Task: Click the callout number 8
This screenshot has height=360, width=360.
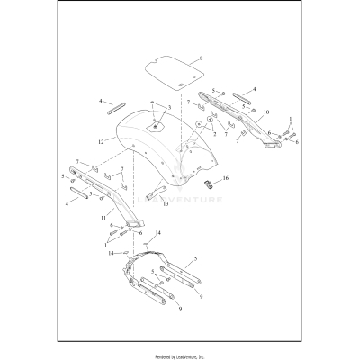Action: point(202,58)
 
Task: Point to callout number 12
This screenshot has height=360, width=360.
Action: point(101,140)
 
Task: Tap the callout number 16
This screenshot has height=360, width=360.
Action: point(227,179)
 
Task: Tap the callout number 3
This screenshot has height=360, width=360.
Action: point(167,107)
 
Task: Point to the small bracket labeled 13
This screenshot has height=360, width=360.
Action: point(149,191)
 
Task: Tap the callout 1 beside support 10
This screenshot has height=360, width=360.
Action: point(290,118)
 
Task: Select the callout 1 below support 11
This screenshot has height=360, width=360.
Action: point(105,243)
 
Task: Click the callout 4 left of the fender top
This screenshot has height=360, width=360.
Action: point(101,103)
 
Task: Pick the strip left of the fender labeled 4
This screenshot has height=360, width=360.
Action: point(116,109)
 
